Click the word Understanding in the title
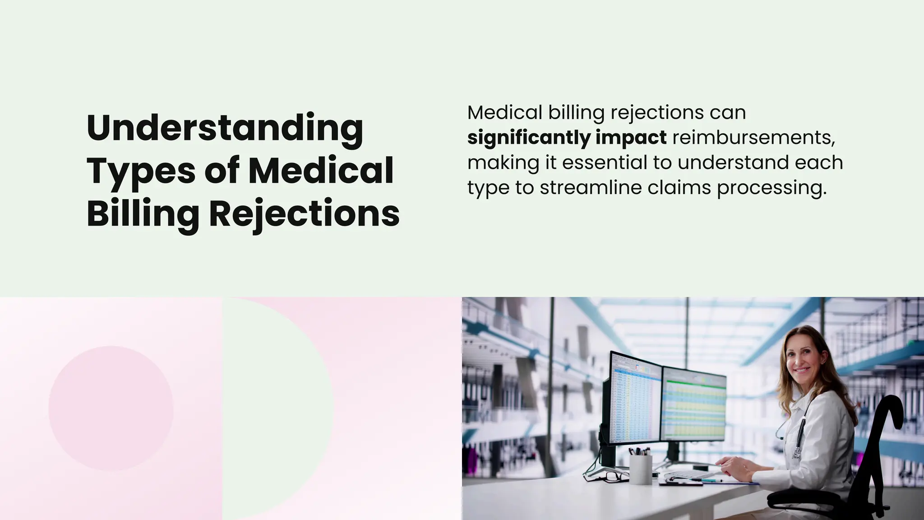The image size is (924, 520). click(x=225, y=128)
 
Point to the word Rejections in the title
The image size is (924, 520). click(x=304, y=214)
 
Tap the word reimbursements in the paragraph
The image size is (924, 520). click(x=753, y=137)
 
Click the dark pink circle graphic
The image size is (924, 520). click(x=111, y=408)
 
